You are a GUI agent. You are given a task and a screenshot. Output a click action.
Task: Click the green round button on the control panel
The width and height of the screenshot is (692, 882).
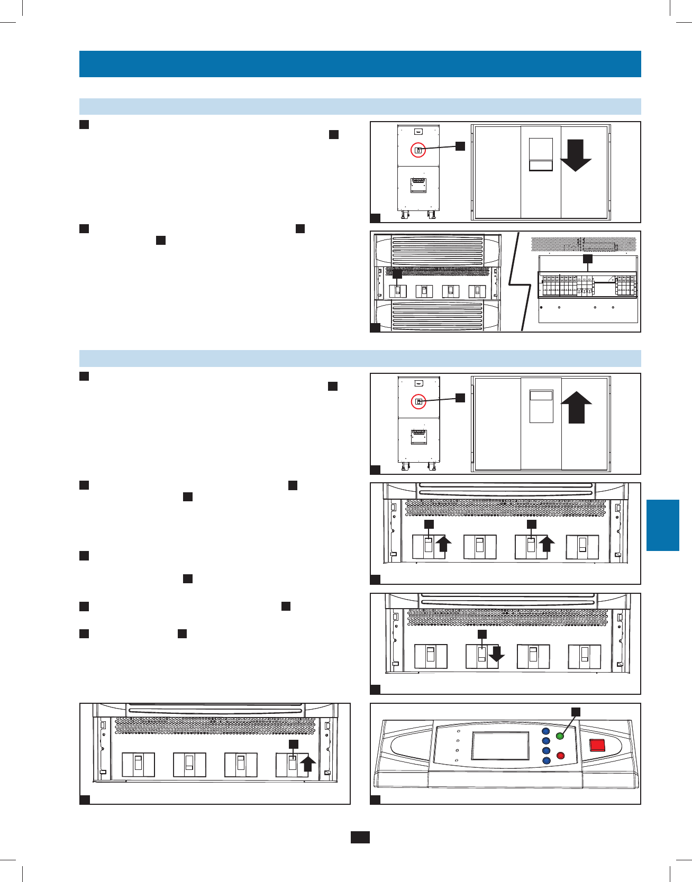coord(560,736)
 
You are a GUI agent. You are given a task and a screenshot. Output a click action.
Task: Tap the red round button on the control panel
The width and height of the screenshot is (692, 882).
coord(561,756)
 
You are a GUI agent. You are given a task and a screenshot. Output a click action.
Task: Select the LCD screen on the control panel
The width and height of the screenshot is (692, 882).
coord(500,747)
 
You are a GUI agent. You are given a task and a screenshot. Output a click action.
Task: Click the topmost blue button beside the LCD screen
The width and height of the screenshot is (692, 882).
coord(546,732)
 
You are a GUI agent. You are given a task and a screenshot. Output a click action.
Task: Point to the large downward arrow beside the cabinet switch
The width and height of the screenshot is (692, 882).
coord(576,155)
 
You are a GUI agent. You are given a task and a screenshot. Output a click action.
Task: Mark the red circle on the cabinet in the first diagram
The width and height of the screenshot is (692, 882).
coord(418,150)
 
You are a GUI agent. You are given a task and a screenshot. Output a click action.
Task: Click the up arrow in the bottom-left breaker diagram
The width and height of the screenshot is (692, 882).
coord(308,765)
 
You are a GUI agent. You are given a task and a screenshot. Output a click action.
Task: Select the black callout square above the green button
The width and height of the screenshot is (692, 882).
coord(576,712)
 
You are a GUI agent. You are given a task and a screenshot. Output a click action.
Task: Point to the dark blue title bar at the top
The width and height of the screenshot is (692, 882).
coord(360,64)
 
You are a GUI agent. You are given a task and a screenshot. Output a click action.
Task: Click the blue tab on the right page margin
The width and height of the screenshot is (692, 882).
coord(662,525)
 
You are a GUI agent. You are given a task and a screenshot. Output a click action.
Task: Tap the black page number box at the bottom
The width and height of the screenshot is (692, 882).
coord(360,837)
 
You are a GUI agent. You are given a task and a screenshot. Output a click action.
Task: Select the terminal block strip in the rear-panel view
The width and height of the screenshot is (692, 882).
coord(588,285)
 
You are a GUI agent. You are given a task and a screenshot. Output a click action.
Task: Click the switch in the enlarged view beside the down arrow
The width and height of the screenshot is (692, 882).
coord(541,154)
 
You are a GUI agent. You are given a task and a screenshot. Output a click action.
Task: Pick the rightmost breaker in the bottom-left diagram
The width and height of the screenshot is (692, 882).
coord(292,765)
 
